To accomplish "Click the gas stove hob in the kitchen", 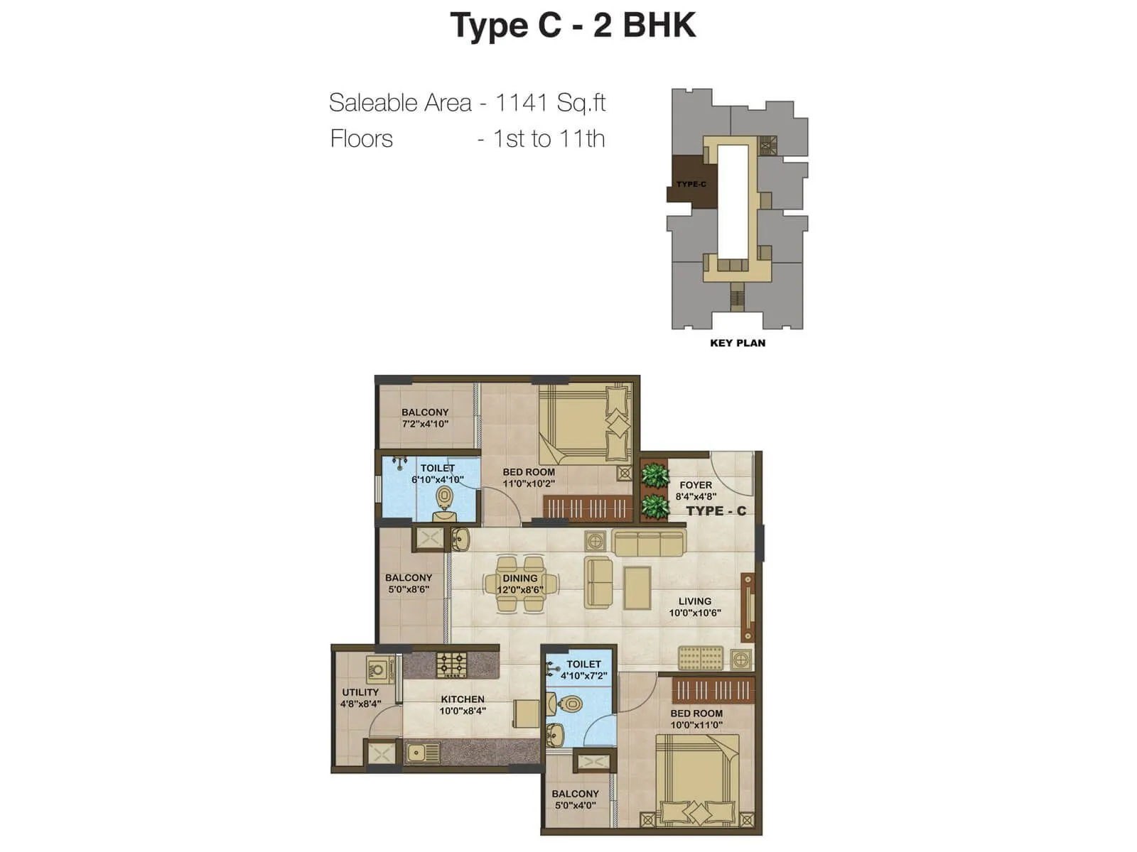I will [x=451, y=665].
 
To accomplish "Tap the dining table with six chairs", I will [x=520, y=584].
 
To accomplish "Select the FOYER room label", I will [x=695, y=485].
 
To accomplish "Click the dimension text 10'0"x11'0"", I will [x=696, y=725].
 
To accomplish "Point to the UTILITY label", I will [x=360, y=692].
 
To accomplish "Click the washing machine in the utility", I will [x=380, y=670].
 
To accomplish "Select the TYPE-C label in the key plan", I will [x=691, y=185].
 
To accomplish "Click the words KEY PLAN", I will [x=738, y=343].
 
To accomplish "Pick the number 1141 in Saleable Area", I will [x=522, y=103].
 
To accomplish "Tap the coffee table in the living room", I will [x=637, y=588].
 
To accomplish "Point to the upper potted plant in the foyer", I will [x=654, y=474].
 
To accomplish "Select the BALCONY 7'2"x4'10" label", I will [x=425, y=417].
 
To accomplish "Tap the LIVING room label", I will [x=694, y=601].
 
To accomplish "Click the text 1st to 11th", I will [x=549, y=139].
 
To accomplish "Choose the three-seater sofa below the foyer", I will [x=648, y=543].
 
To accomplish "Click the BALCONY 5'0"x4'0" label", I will [x=575, y=799].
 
